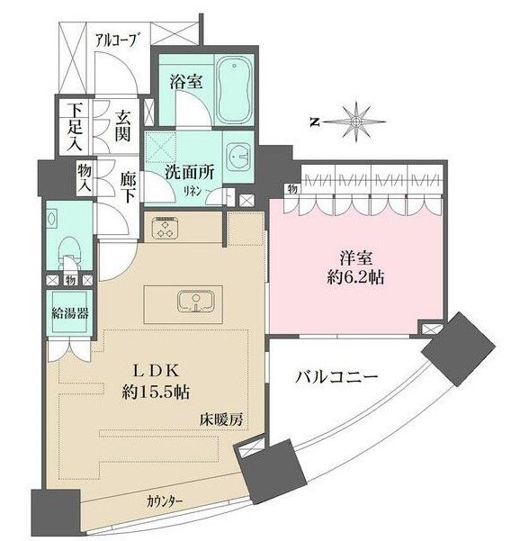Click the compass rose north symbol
coord(357,119)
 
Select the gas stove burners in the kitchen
coord(166,231)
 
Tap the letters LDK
coord(162,372)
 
